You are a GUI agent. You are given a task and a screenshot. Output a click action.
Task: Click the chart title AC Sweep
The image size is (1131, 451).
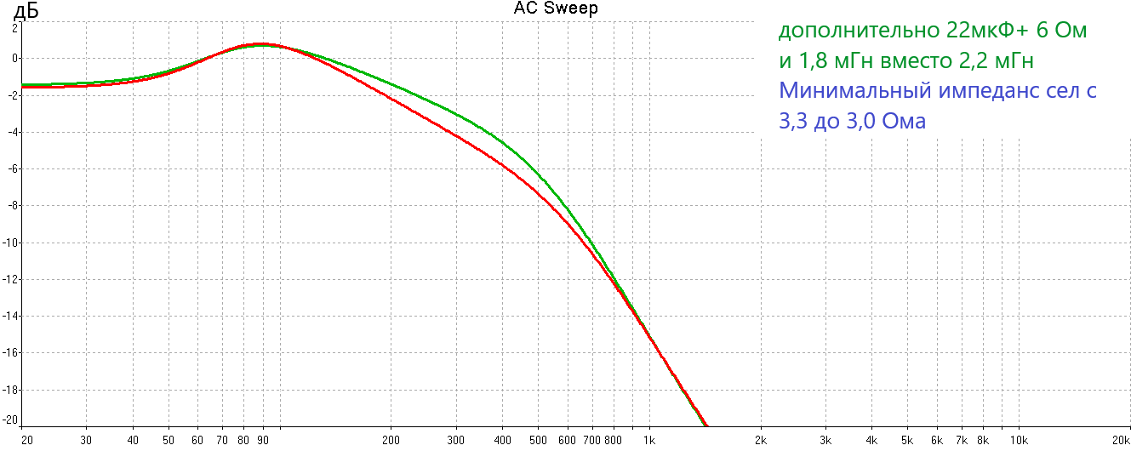pos(556,9)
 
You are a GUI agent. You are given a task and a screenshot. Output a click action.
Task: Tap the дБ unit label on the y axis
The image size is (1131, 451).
pos(26,12)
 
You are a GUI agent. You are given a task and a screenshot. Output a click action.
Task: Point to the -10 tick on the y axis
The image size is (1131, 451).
pos(12,243)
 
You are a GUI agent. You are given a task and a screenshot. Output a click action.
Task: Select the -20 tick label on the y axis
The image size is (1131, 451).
pos(12,420)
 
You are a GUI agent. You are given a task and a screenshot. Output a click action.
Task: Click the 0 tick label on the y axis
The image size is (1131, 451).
pos(14,59)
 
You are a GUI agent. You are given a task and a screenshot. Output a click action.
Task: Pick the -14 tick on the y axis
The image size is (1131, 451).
pos(12,316)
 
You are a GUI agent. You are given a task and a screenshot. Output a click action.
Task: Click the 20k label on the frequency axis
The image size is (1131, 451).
pos(1120,440)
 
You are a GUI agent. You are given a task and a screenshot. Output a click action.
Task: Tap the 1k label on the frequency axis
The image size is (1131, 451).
pos(648,440)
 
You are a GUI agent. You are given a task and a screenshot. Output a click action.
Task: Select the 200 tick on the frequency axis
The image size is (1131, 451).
pos(391,440)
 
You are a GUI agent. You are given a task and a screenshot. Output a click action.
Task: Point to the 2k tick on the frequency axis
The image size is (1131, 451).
pos(761,440)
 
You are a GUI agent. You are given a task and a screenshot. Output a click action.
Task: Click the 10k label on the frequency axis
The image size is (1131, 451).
pos(1018,440)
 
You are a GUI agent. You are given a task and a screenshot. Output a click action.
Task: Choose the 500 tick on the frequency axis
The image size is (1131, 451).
pos(538,440)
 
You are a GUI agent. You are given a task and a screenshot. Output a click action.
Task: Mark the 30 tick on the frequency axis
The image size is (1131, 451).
pos(86,440)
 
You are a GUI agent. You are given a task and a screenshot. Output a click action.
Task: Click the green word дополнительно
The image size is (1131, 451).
pos(859,31)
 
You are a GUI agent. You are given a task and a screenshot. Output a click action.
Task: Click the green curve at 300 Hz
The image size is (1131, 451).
pos(456,115)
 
